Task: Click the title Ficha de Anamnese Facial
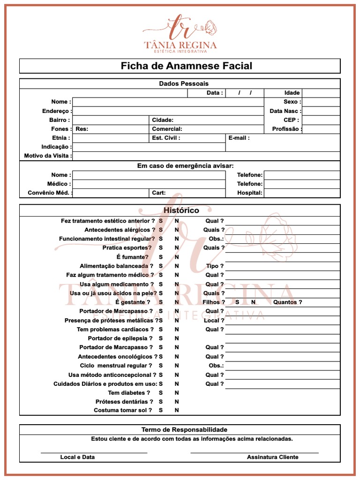point(186,66)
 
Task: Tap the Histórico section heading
point(181,210)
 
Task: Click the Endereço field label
point(56,111)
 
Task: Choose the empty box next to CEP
point(321,120)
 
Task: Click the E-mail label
point(239,138)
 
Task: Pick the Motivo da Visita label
point(48,156)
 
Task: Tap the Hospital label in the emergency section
point(249,193)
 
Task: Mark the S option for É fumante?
point(161,257)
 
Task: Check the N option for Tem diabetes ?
point(177,393)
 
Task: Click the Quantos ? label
point(287,302)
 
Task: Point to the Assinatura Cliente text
point(272,457)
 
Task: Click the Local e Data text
point(77,457)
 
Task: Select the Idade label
point(292,93)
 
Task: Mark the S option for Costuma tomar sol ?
point(161,410)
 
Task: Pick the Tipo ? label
point(215,266)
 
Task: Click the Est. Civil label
point(166,138)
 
